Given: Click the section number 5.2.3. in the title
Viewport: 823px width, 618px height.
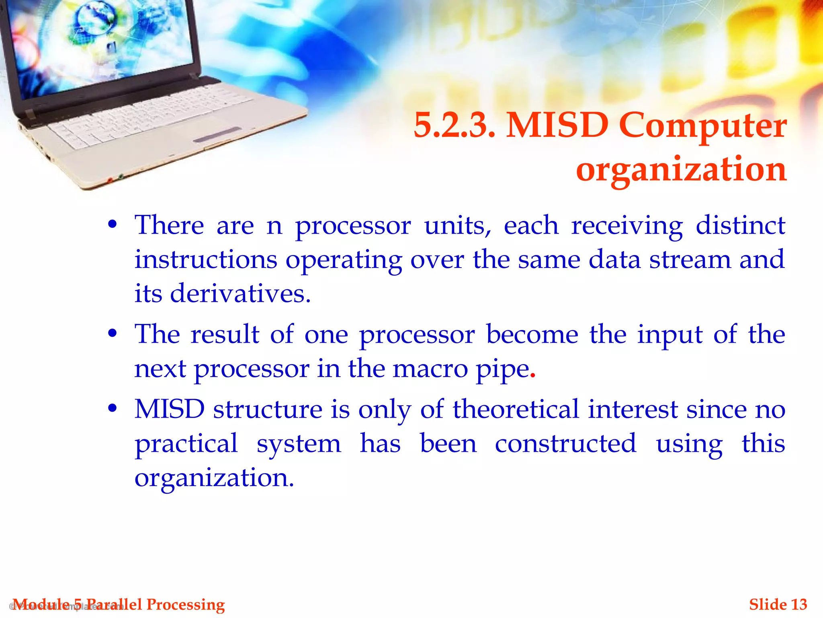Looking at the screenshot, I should [454, 126].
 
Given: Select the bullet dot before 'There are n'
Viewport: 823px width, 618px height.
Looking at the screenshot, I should [113, 224].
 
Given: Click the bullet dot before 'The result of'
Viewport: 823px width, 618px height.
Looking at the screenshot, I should [113, 333].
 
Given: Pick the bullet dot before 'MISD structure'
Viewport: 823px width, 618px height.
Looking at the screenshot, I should [113, 408].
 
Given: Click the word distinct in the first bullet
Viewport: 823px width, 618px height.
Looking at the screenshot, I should [740, 225].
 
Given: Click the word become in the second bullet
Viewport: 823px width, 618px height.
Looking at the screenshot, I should [532, 334].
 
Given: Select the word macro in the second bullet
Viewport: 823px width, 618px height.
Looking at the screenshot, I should [430, 369].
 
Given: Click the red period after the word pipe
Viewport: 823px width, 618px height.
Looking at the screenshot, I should [533, 377].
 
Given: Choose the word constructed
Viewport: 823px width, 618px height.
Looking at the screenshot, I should [565, 443].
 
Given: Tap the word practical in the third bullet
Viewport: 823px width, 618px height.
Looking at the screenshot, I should [186, 444].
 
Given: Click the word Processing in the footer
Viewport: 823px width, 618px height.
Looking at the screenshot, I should [185, 604].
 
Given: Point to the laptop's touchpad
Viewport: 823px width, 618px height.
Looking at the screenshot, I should [217, 135].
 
